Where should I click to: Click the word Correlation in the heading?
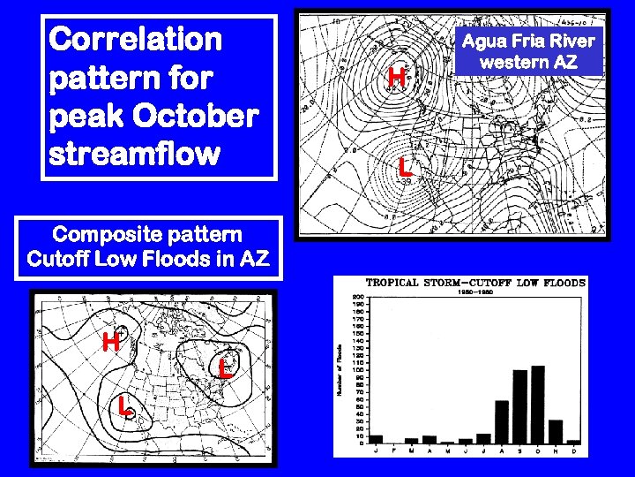(137, 39)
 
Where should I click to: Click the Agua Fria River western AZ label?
(529, 51)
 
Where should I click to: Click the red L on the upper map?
(404, 165)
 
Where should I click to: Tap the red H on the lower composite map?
(110, 341)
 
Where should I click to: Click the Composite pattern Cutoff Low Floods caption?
(148, 247)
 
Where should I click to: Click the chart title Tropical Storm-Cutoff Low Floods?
(475, 283)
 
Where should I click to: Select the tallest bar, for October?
(537, 404)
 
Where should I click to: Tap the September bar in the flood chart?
(519, 406)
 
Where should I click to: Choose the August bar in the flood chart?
(502, 421)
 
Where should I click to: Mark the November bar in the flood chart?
(556, 431)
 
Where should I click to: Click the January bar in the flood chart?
(377, 439)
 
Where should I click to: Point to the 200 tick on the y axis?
(358, 296)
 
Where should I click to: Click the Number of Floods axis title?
(340, 369)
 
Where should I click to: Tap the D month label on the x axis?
(573, 450)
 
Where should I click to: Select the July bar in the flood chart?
(483, 438)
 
